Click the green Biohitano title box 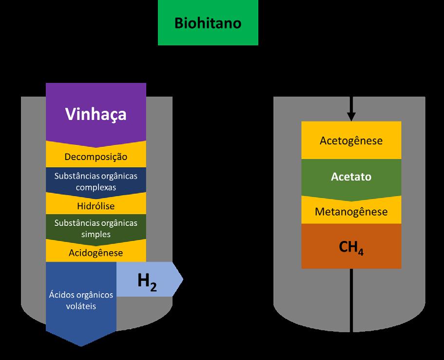208,23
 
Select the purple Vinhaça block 96,114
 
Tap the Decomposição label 96,157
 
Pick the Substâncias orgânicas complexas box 96,180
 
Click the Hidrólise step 96,206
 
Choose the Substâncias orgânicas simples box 96,228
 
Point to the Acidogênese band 96,253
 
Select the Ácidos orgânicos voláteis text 81,300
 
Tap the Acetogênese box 351,140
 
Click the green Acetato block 351,177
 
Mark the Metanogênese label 351,212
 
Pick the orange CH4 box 351,248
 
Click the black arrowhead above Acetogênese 351,117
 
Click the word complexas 96,187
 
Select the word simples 96,234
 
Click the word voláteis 81,307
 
